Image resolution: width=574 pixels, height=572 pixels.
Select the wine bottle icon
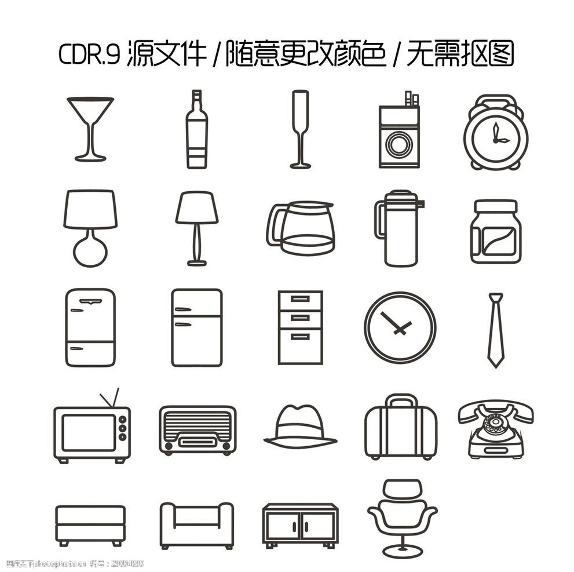pos(196,130)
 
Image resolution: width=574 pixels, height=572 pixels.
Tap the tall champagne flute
pos(300,129)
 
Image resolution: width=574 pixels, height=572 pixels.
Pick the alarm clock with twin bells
pos(495,133)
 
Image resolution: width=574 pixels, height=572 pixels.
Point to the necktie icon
pos(495,330)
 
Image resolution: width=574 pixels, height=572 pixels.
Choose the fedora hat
pos(300,427)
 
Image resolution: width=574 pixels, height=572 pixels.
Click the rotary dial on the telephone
pos(494,424)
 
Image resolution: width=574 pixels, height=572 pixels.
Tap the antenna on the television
pos(109,399)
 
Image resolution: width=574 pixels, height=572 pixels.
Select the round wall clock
pos(400,327)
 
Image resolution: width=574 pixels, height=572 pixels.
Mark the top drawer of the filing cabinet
pos(300,299)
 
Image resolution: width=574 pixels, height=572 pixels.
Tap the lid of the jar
pos(495,207)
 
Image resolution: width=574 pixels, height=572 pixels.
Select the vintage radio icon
pos(197,430)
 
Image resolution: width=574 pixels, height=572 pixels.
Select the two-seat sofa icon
pos(196,524)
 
